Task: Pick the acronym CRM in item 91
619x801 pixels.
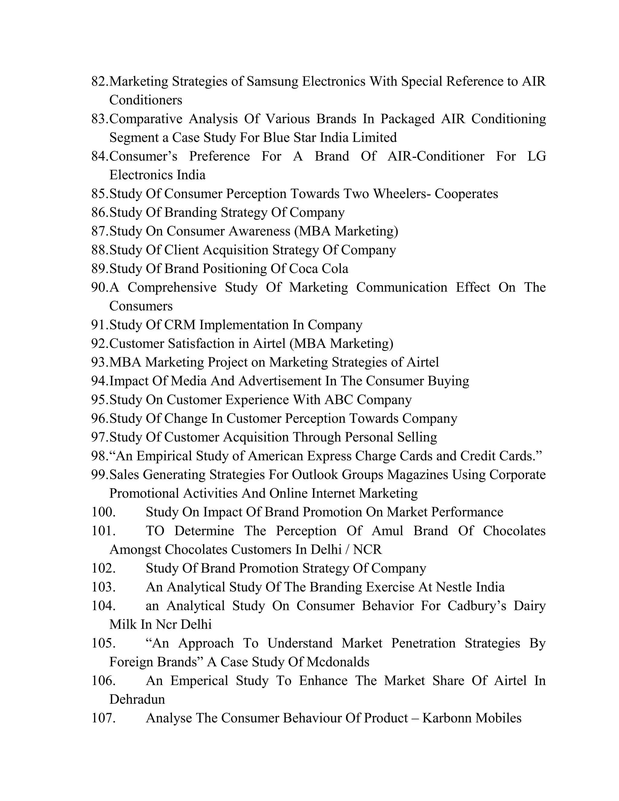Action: click(180, 325)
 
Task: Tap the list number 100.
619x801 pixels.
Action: click(103, 512)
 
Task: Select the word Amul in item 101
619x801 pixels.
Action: click(387, 531)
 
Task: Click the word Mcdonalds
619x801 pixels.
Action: click(338, 662)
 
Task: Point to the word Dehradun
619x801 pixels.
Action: click(137, 699)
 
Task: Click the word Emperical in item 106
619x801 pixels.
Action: click(199, 681)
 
